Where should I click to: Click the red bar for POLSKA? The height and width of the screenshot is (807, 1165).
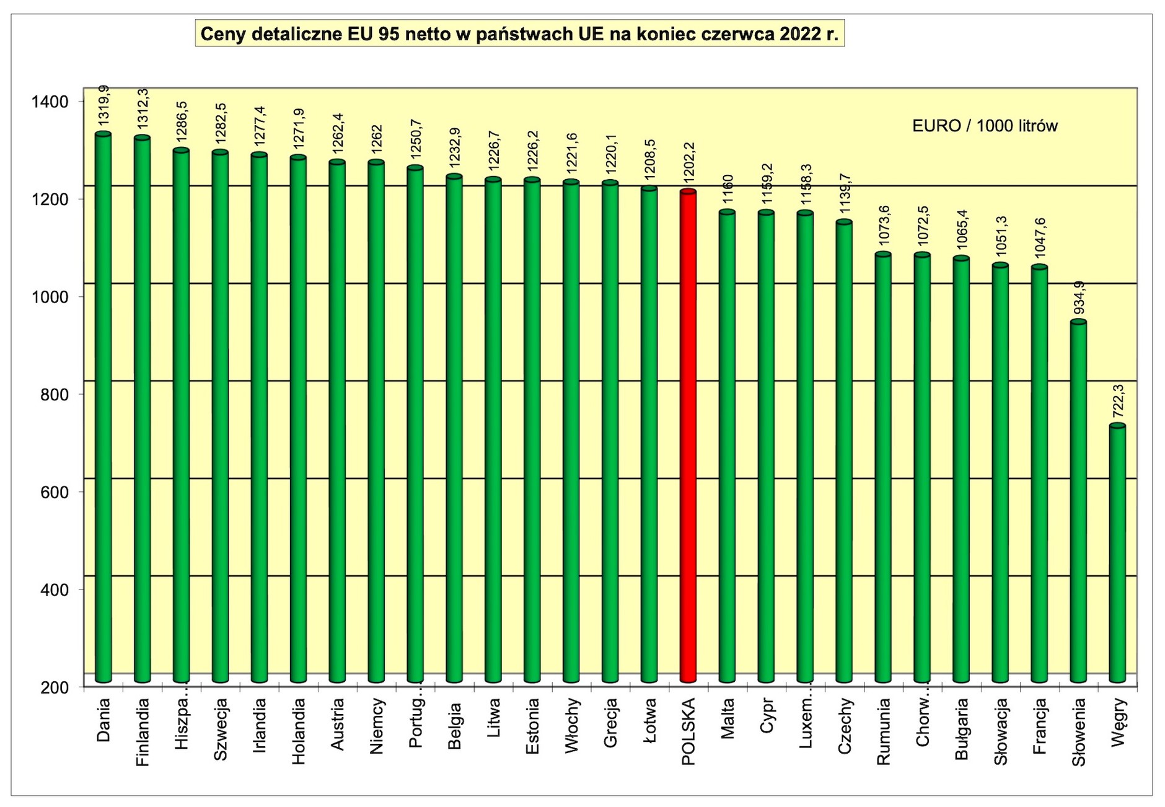point(688,434)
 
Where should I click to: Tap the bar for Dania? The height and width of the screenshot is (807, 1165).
point(103,409)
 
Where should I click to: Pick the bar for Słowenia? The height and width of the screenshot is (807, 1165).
point(1078,502)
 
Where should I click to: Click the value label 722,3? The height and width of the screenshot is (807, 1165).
point(1118,402)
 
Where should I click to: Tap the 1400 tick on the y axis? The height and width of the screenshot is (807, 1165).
point(50,102)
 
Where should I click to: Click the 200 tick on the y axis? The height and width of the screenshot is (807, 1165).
point(55,687)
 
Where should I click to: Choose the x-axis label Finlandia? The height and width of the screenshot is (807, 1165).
point(143,732)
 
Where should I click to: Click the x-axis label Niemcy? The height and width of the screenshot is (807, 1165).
point(376,726)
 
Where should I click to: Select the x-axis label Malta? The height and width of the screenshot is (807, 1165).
point(728,718)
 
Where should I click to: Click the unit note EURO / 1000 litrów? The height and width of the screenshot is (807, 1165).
point(985,126)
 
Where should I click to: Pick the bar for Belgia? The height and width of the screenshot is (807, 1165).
point(454,428)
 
